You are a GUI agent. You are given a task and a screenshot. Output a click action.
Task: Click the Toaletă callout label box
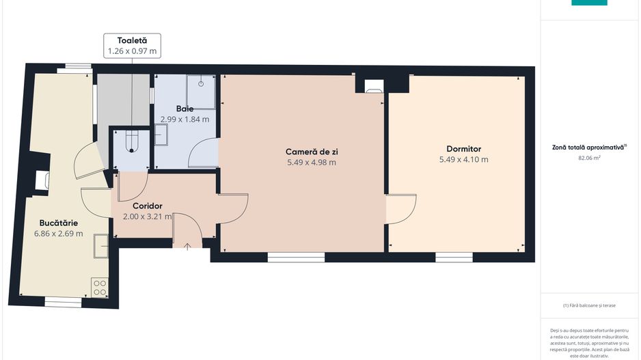click(x=132, y=46)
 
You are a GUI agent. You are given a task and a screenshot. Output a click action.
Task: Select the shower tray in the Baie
click(x=202, y=92)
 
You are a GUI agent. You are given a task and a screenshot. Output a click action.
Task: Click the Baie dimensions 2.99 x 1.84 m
click(x=185, y=119)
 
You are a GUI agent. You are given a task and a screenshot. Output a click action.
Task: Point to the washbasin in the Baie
click(x=161, y=135)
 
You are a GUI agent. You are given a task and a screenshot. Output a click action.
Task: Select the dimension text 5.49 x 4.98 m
click(x=311, y=163)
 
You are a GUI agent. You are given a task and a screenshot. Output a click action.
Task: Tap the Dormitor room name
click(x=463, y=148)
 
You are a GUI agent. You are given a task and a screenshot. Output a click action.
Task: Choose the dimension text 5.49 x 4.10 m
click(x=463, y=160)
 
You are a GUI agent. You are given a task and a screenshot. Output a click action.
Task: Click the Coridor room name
click(x=147, y=206)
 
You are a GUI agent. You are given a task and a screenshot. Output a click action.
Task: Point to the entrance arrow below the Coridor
click(x=187, y=246)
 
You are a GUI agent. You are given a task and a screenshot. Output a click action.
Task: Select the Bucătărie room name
click(x=58, y=222)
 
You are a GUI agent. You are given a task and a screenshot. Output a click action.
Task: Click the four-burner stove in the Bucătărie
click(x=100, y=288)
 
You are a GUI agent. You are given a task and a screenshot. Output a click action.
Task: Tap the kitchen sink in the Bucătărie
click(x=101, y=245)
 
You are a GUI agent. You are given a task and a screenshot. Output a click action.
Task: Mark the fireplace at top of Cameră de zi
click(x=373, y=86)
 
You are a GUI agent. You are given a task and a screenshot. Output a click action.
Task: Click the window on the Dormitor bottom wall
click(x=454, y=258)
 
